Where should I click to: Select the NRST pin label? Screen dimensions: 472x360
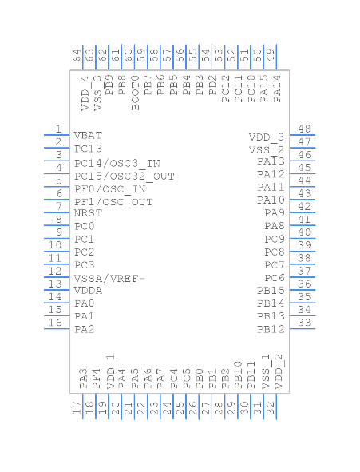tap(88, 213)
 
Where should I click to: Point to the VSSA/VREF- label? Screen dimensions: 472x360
tap(109, 278)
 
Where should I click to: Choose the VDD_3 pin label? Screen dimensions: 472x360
tap(267, 137)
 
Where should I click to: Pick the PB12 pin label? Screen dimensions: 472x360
tap(271, 329)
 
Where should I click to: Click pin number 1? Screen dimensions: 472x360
tap(58, 129)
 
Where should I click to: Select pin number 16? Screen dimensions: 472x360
tap(56, 323)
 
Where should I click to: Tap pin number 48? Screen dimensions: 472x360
tap(304, 129)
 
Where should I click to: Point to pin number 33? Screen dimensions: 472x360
tap(304, 323)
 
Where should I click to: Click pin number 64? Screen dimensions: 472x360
tap(77, 56)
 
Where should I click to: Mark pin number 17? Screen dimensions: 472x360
tap(77, 407)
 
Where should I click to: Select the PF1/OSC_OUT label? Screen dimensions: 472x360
tap(113, 201)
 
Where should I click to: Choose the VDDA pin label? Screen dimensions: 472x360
tap(88, 291)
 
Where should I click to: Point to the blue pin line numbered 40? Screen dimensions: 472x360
tap(303, 238)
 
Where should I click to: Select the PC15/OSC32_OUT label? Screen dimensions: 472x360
tap(124, 176)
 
